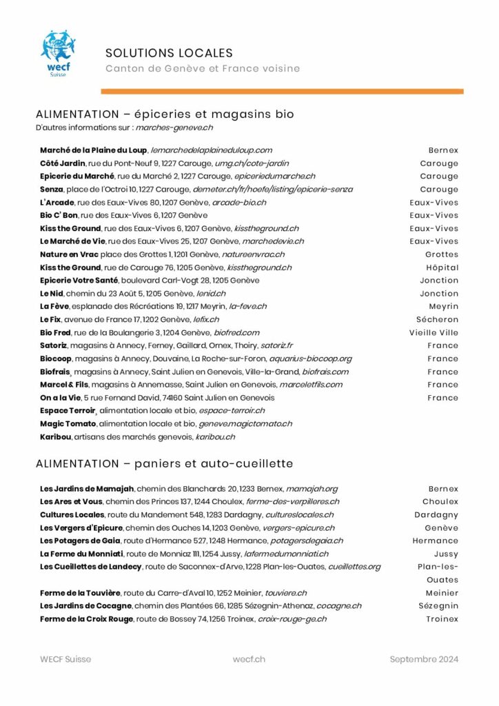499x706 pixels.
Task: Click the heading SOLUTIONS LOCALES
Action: tap(169, 53)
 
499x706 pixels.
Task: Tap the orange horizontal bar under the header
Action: tap(282, 91)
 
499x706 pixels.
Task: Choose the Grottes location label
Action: tap(441, 254)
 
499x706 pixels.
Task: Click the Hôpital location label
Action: tap(442, 268)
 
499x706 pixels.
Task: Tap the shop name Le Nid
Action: tap(52, 293)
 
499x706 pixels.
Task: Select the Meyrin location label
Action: tap(443, 306)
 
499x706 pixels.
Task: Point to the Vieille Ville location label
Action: tap(434, 332)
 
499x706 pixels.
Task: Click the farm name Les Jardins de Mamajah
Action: tap(88, 489)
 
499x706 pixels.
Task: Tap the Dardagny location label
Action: tap(436, 515)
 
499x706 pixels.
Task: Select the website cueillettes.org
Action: tap(354, 567)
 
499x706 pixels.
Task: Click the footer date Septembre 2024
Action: tap(423, 659)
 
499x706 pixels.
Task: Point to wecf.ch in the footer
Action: tap(249, 659)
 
